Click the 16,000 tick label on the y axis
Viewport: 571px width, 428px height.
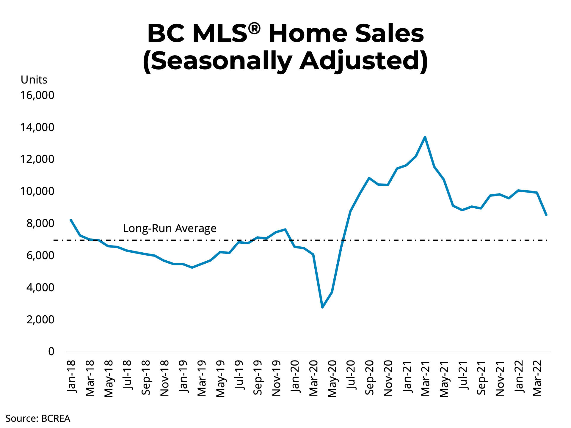coord(37,95)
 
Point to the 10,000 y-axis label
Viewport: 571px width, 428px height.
coord(37,191)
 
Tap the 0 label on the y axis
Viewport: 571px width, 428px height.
coord(51,352)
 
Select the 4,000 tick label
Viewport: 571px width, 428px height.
coord(40,288)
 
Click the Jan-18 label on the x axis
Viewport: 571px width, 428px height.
coord(71,377)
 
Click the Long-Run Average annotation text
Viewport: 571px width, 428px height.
coord(170,228)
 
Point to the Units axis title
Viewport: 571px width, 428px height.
coord(34,80)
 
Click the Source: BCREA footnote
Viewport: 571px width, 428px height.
coord(38,418)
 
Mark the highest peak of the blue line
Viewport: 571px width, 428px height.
coord(425,137)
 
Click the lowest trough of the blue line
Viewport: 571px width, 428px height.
coord(322,307)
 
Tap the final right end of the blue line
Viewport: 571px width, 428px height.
coord(546,215)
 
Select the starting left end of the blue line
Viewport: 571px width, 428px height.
coord(71,220)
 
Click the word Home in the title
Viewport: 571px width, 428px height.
coord(308,34)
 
